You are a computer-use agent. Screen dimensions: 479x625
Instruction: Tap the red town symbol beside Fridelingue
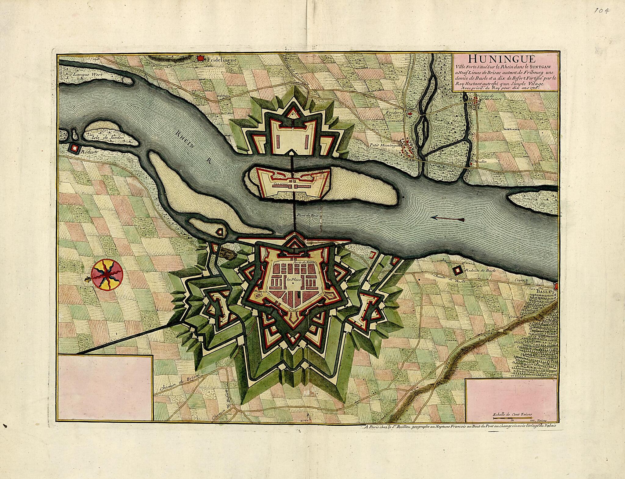[x=201, y=57]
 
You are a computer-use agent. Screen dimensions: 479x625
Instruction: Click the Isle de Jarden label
[x=108, y=137]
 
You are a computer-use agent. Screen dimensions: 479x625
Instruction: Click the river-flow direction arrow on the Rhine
[x=448, y=218]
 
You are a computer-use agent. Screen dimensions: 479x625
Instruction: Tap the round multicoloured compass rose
[x=108, y=275]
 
